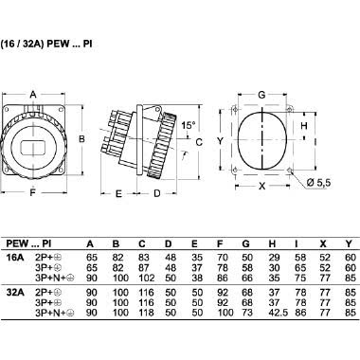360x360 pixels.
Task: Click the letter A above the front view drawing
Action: click(x=34, y=95)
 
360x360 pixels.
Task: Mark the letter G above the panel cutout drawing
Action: click(x=261, y=95)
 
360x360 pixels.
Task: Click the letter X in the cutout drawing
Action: click(x=261, y=187)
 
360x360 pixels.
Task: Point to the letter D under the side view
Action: click(x=156, y=193)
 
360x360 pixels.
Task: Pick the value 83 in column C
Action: click(x=144, y=255)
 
